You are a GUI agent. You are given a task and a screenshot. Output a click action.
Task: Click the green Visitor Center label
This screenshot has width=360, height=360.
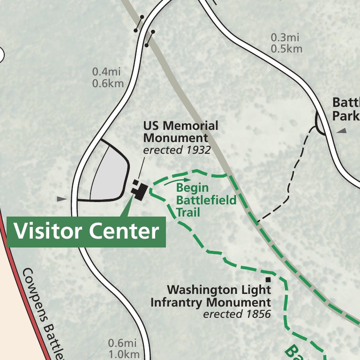[86, 232]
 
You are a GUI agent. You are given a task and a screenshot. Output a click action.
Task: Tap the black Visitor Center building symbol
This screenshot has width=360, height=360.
[140, 191]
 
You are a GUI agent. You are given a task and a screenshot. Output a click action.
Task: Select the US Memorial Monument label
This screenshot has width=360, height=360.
[180, 132]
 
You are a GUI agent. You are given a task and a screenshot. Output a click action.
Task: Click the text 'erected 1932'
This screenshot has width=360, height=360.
[177, 150]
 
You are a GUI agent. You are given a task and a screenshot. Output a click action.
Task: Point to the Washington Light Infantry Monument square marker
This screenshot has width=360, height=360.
[269, 280]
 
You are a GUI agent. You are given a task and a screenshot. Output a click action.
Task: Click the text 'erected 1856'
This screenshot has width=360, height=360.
[237, 314]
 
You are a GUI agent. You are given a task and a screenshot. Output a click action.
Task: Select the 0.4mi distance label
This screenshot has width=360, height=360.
[106, 72]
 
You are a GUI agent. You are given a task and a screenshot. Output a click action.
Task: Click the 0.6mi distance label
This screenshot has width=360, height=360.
[122, 343]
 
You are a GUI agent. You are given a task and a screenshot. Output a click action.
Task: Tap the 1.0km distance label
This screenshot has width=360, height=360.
[124, 354]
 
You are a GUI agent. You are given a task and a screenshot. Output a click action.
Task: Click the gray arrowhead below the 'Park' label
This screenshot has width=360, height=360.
[341, 131]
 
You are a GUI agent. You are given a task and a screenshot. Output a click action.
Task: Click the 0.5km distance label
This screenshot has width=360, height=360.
[286, 49]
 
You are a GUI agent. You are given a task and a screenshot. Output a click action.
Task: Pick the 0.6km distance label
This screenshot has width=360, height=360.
[108, 83]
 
